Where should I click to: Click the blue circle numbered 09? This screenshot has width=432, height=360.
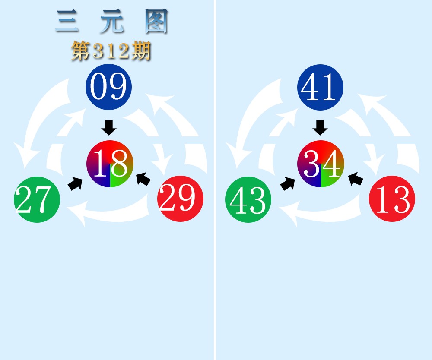pyautogui.click(x=108, y=87)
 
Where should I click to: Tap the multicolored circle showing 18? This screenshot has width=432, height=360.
pyautogui.click(x=110, y=164)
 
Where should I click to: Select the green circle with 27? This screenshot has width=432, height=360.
pyautogui.click(x=37, y=200)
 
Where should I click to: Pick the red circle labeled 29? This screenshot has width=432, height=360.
pyautogui.click(x=180, y=199)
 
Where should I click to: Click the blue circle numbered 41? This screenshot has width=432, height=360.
pyautogui.click(x=320, y=87)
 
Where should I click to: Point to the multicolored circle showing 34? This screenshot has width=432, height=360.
pyautogui.click(x=321, y=164)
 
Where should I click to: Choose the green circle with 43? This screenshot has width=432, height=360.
pyautogui.click(x=248, y=200)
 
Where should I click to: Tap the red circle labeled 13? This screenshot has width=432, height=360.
pyautogui.click(x=392, y=199)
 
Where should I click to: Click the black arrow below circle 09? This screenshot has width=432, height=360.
pyautogui.click(x=109, y=128)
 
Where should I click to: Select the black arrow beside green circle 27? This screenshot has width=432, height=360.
pyautogui.click(x=75, y=183)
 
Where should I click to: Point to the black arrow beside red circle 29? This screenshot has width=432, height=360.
pyautogui.click(x=143, y=178)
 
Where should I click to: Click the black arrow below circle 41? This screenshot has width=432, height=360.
pyautogui.click(x=320, y=128)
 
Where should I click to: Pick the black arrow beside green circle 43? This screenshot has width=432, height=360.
pyautogui.click(x=288, y=183)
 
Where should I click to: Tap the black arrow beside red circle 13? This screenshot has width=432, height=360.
pyautogui.click(x=356, y=178)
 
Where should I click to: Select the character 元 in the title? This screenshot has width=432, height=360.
pyautogui.click(x=111, y=22)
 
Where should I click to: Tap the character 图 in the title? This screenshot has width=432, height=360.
pyautogui.click(x=156, y=22)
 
